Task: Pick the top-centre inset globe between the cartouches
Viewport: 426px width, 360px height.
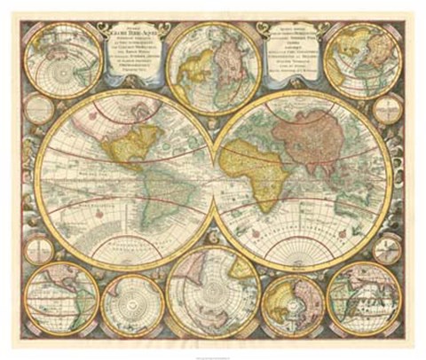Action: (212, 59)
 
